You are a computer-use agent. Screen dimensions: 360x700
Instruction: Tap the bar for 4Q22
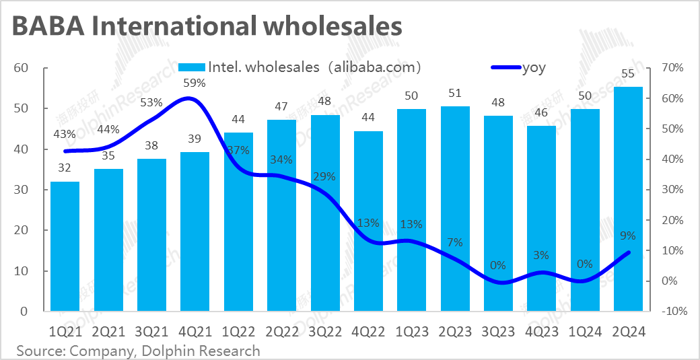pos(368,221)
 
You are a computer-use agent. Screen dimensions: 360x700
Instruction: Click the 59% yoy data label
pos(195,83)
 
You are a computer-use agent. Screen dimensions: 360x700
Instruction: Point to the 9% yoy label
pos(628,236)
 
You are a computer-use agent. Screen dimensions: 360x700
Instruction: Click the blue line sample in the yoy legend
pos(505,67)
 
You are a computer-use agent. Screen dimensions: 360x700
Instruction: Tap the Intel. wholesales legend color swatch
pos(192,67)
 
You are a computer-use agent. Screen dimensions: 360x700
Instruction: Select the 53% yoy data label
pos(151,103)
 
